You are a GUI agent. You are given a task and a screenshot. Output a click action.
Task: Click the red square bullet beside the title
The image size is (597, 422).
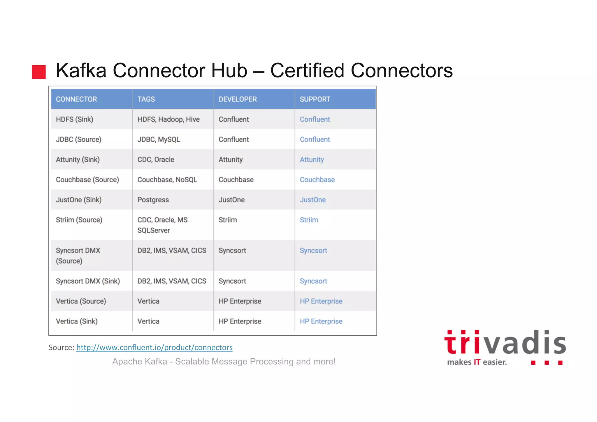[x=39, y=72]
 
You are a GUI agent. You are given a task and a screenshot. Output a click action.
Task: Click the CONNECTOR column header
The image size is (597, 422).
[x=76, y=99]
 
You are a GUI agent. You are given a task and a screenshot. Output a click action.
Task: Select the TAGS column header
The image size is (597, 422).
[x=146, y=99]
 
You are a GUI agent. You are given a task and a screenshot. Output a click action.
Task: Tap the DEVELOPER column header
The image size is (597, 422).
[x=238, y=99]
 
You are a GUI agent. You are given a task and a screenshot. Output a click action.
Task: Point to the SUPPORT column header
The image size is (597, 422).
[x=315, y=99]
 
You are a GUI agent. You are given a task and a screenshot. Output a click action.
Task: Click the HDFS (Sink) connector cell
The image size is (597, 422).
[x=75, y=119]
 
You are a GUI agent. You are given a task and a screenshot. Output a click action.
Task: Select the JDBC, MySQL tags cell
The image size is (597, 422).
[x=159, y=139]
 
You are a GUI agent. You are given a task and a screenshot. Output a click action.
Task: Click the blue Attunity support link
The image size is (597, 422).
[x=312, y=160]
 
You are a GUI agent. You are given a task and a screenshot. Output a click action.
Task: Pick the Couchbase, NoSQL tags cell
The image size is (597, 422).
[x=167, y=180]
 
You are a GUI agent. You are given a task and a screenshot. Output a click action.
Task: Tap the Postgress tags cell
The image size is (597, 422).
[x=153, y=200]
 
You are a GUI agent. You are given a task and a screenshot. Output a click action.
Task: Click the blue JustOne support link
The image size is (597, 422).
[x=312, y=200]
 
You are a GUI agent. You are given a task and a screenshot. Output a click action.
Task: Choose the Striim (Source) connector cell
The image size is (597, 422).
[x=79, y=220]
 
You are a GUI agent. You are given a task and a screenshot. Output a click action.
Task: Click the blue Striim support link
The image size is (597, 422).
[x=309, y=220]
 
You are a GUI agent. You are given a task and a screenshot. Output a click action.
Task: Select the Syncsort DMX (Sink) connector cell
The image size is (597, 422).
[x=88, y=281]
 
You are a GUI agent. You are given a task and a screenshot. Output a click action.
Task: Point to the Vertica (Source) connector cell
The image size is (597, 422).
[x=81, y=301]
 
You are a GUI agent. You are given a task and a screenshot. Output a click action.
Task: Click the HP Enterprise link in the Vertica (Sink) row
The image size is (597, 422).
[x=321, y=321]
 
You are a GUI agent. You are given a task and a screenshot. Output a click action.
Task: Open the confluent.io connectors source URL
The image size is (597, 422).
[x=154, y=348]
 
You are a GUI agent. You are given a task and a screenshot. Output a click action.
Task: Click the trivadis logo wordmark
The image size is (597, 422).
[x=505, y=343]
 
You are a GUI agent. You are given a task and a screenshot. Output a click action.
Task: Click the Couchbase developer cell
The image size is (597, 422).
[x=236, y=180]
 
